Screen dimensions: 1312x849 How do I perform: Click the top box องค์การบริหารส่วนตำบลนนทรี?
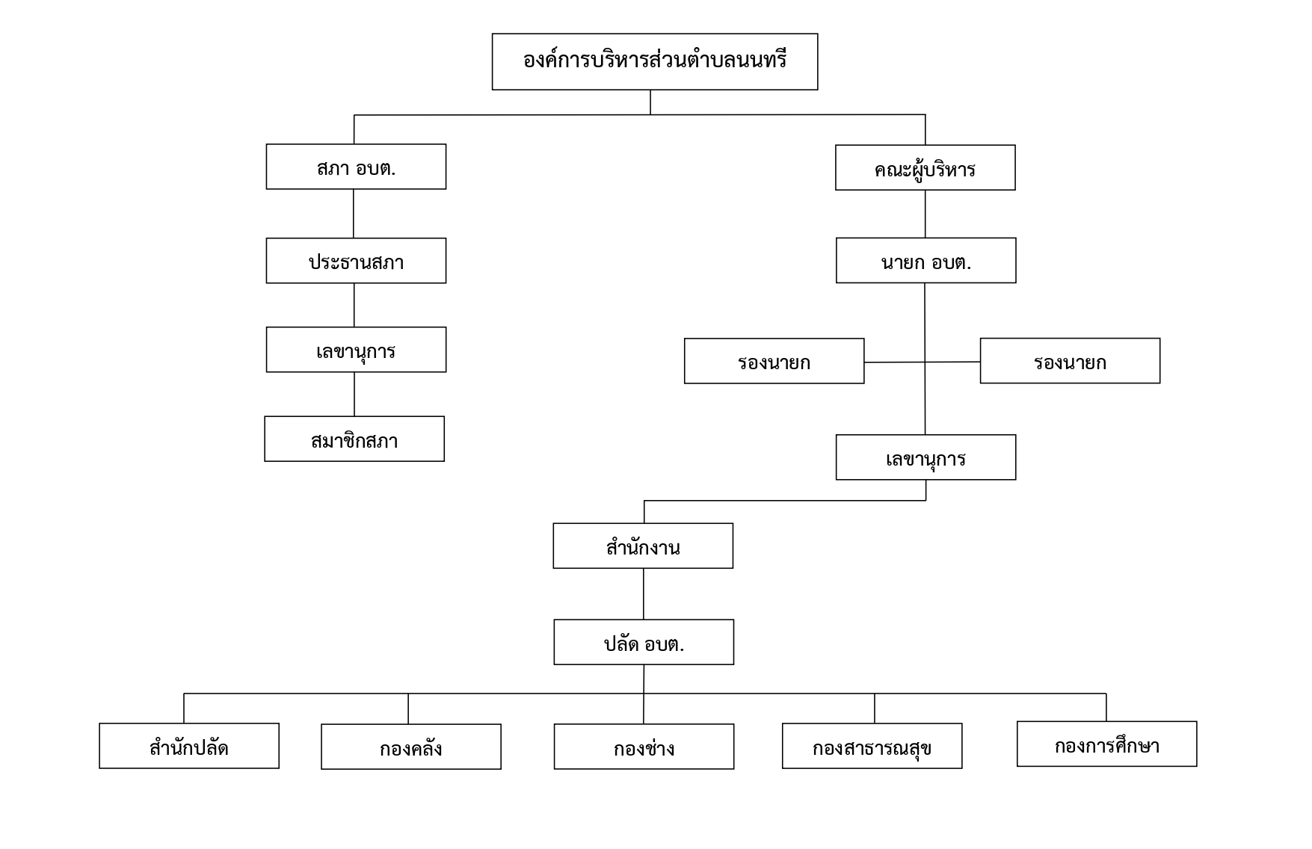click(x=655, y=62)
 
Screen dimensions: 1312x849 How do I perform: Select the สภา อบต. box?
click(x=356, y=167)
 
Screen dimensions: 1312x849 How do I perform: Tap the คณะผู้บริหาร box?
click(x=926, y=167)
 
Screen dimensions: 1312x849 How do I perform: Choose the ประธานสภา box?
click(x=356, y=261)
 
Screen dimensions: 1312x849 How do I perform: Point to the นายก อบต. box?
click(x=926, y=261)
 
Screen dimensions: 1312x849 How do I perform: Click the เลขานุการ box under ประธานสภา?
click(x=356, y=350)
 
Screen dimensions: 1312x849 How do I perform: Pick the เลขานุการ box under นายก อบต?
click(x=926, y=457)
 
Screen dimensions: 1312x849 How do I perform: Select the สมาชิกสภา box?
click(x=354, y=439)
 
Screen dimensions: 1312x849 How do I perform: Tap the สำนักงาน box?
click(x=643, y=546)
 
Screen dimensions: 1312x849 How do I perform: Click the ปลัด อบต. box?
click(x=644, y=642)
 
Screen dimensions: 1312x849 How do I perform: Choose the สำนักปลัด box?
click(x=189, y=746)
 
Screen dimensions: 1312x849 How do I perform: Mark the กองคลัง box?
click(x=411, y=747)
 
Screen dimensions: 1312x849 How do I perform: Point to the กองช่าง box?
click(x=644, y=747)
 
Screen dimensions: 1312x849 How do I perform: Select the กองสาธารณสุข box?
click(x=872, y=746)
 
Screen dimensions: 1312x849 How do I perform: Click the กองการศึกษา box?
click(x=1107, y=744)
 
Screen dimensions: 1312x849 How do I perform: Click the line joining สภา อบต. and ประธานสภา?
click(x=354, y=214)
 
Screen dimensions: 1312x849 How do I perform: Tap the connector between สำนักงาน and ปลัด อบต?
click(x=644, y=594)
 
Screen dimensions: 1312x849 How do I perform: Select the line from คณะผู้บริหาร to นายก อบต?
click(x=926, y=214)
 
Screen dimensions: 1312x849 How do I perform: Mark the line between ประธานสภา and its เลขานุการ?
click(x=354, y=305)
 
